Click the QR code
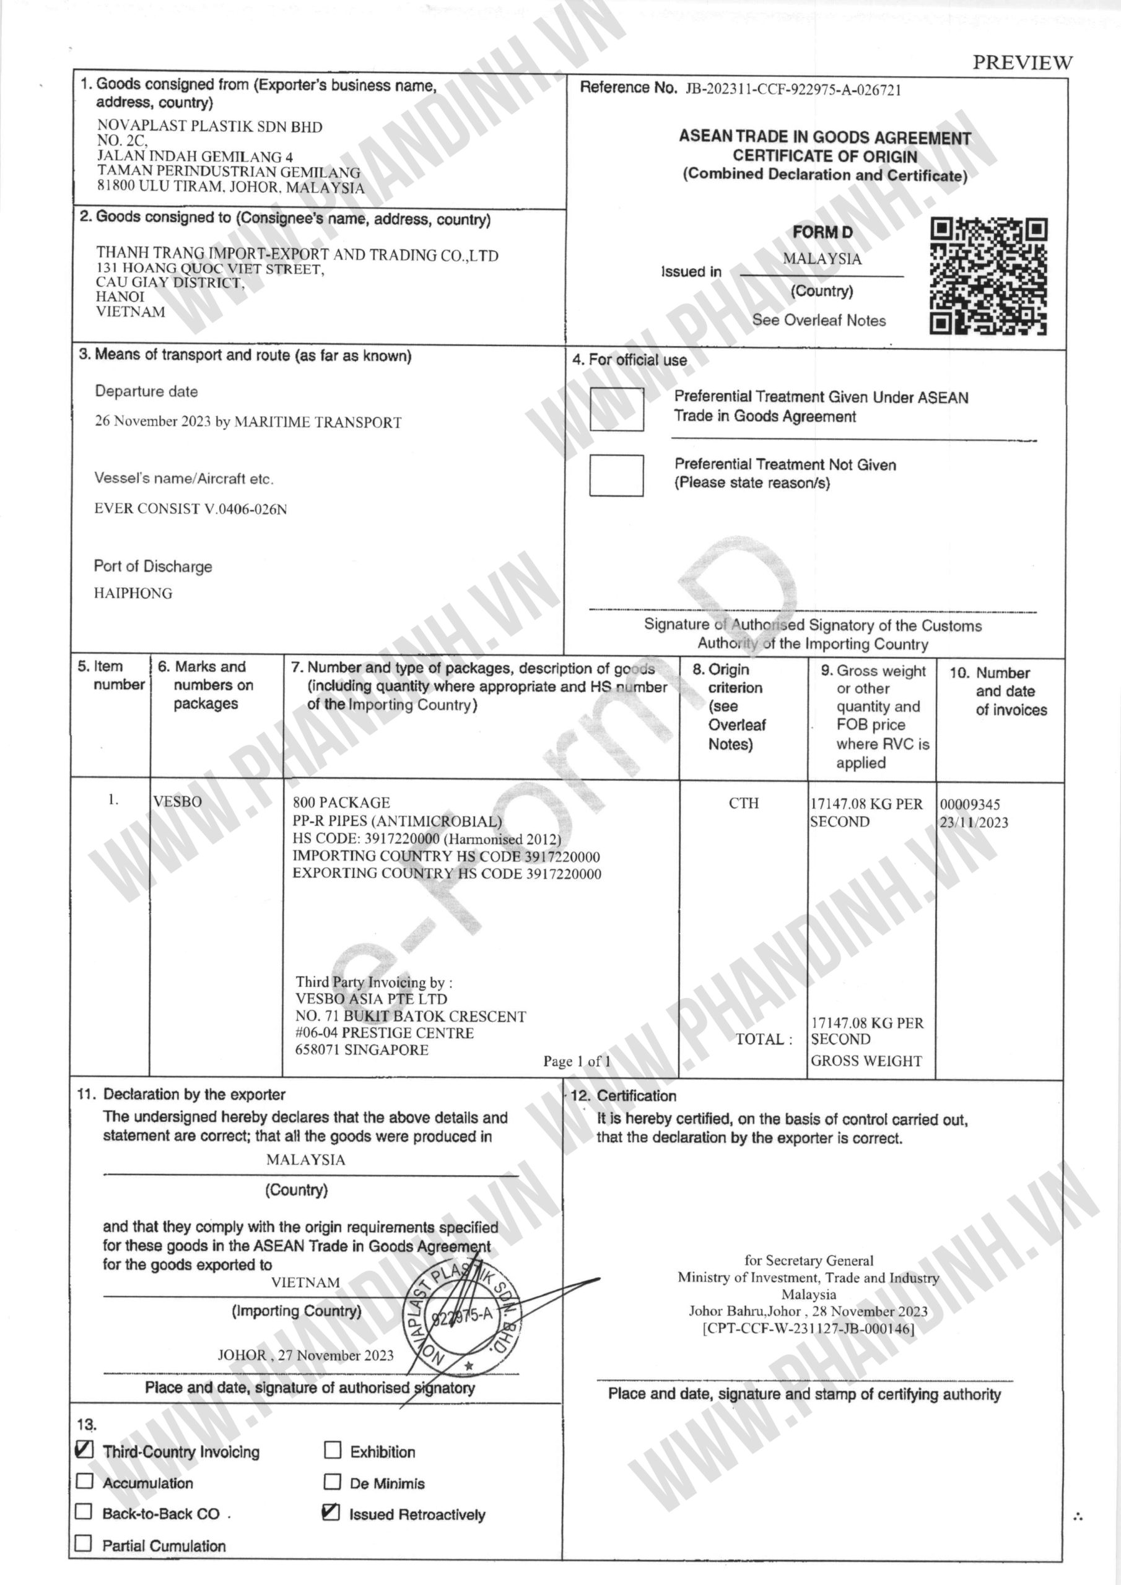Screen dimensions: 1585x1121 pos(988,276)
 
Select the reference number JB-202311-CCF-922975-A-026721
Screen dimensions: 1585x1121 pos(793,90)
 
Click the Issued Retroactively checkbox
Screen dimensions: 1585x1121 pos(331,1513)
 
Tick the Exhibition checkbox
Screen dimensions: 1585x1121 pos(332,1449)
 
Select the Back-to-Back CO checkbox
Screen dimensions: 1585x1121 pos(84,1512)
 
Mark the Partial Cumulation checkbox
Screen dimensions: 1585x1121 pos(84,1543)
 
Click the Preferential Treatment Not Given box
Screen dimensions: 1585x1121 pos(616,475)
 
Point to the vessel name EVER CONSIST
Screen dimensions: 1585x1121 pos(191,510)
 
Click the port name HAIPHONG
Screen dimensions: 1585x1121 pos(133,593)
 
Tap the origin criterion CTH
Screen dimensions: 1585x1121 pos(743,803)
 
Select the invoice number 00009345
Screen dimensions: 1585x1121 pos(970,804)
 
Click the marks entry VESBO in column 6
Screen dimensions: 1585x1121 pos(178,801)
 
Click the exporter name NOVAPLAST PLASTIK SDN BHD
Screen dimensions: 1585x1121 pos(209,126)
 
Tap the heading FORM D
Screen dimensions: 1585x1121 pos(822,233)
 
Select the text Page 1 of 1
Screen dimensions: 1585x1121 pos(577,1061)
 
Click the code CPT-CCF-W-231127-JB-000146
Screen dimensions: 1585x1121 pos(808,1329)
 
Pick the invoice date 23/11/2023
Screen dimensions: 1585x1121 pos(973,822)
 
